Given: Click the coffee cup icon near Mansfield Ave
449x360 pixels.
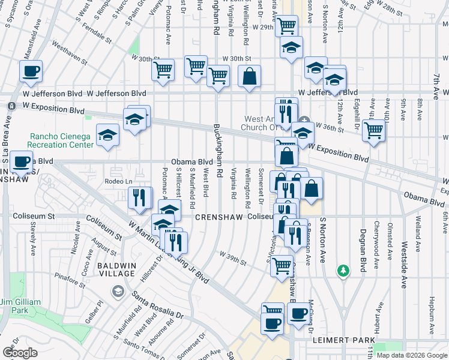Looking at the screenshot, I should point(31,71).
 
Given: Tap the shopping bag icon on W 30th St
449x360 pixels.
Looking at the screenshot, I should point(249,77).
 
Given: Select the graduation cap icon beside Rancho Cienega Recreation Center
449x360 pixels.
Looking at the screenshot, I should point(107,135).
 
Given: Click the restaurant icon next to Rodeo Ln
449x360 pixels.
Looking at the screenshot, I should point(139,198).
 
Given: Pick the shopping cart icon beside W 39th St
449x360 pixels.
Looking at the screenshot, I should point(281,266).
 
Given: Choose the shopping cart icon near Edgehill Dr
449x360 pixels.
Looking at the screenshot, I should point(374,130).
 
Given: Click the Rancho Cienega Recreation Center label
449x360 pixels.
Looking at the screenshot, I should point(59,140).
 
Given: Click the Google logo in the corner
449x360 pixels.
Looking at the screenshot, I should point(20,353).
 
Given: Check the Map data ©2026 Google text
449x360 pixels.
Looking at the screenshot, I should point(411,355).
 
